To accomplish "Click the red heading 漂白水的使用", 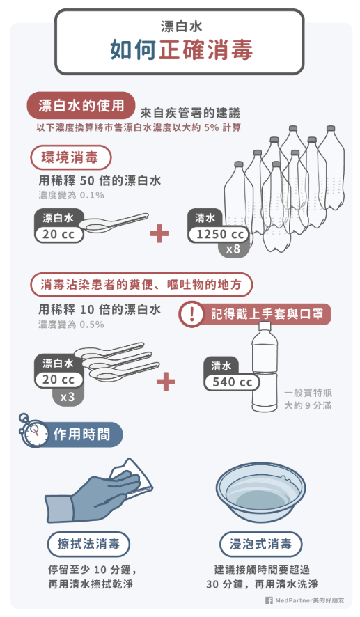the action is pos(81,105).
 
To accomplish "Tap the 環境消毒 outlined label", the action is pos(70,158).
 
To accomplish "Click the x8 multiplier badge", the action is pos(234,249).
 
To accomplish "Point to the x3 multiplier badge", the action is pos(68,396).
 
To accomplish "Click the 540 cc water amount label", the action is pos(232,382).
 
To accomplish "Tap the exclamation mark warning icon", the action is pos(191,314).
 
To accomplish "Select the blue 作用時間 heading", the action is pos(82,435).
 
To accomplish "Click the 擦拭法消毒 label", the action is pos(88,544).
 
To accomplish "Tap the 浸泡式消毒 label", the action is pos(260,544).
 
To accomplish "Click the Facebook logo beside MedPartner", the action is pos(269,600).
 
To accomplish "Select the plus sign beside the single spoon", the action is pos(159,234).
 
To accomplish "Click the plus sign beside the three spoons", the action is pos(166,382).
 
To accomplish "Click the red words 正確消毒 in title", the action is pos(205,50).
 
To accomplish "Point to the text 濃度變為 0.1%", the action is pos(71,195).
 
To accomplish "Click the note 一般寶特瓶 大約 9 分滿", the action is pos(308,399).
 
